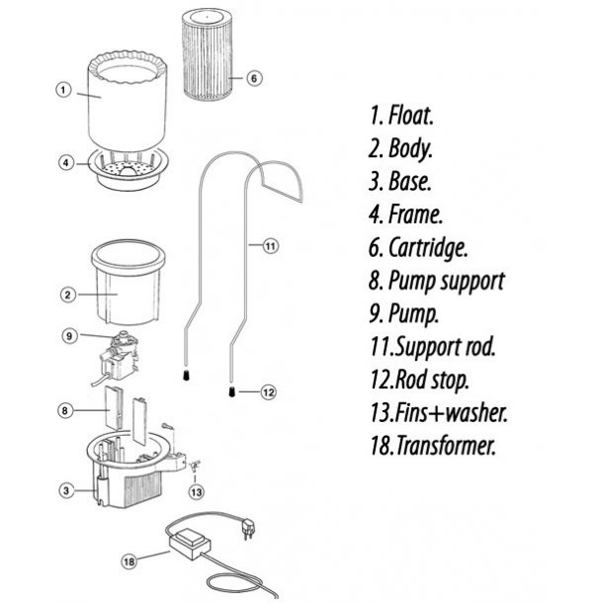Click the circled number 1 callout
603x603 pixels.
[64, 90]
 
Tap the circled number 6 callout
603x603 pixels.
[254, 78]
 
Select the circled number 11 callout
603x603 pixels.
[270, 246]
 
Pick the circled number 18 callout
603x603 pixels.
[129, 561]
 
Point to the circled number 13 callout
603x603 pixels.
[196, 491]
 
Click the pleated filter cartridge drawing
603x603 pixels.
[208, 55]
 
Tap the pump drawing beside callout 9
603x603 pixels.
[118, 358]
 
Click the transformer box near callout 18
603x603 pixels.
[190, 543]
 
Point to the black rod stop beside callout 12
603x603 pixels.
[232, 391]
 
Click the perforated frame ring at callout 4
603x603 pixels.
[129, 170]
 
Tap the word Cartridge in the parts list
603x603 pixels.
[428, 247]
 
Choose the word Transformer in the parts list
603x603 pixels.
[445, 445]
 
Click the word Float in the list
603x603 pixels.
[411, 115]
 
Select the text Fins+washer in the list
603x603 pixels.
[451, 412]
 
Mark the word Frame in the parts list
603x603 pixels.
[415, 214]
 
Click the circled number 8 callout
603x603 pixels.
[64, 410]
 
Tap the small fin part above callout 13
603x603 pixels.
[194, 467]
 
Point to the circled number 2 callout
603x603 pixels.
[67, 295]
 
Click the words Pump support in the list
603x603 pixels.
[446, 281]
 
